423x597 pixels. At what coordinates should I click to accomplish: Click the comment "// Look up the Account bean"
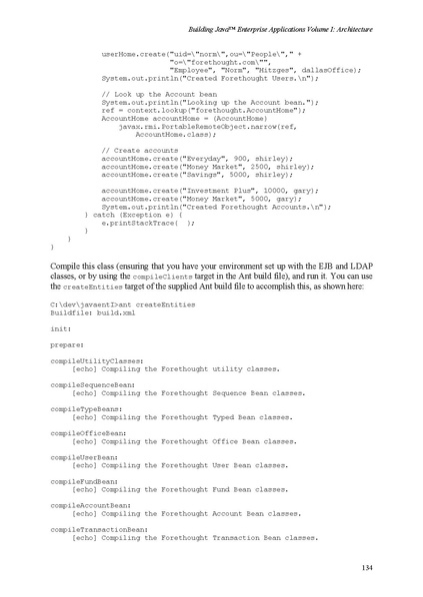point(155,93)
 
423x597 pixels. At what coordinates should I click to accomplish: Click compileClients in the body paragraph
point(158,272)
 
